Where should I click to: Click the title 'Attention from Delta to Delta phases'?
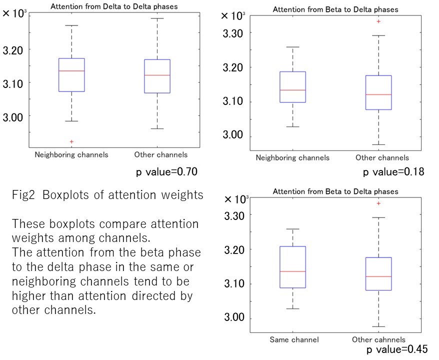pos(114,6)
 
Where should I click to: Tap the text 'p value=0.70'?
pos(167,172)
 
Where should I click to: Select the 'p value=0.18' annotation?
pos(393,172)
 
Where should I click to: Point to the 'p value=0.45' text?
pos(397,349)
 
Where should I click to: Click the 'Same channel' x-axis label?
pos(294,340)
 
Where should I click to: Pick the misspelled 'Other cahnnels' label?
pos(378,340)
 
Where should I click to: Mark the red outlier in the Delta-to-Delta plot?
pos(71,142)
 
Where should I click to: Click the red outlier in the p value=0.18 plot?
pos(378,21)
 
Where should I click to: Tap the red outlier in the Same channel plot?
pos(378,203)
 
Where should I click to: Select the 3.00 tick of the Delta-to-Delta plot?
pos(14,116)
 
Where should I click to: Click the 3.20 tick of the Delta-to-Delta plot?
pos(14,50)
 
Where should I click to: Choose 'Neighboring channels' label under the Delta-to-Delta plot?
pos(71,154)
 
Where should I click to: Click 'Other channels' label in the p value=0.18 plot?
pos(382,158)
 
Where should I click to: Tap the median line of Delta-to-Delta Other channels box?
pos(157,75)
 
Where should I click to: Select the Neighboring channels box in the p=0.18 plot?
pos(292,87)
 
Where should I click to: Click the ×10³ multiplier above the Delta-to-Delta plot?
pos(14,13)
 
